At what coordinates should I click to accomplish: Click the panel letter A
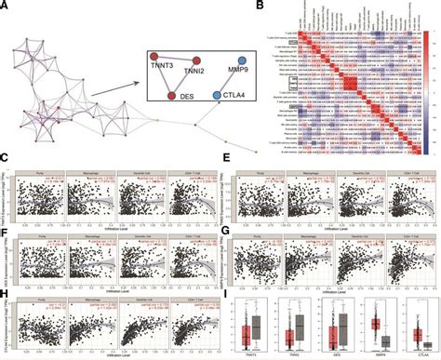pos(6,6)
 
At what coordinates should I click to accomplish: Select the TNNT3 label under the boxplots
pos(252,354)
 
